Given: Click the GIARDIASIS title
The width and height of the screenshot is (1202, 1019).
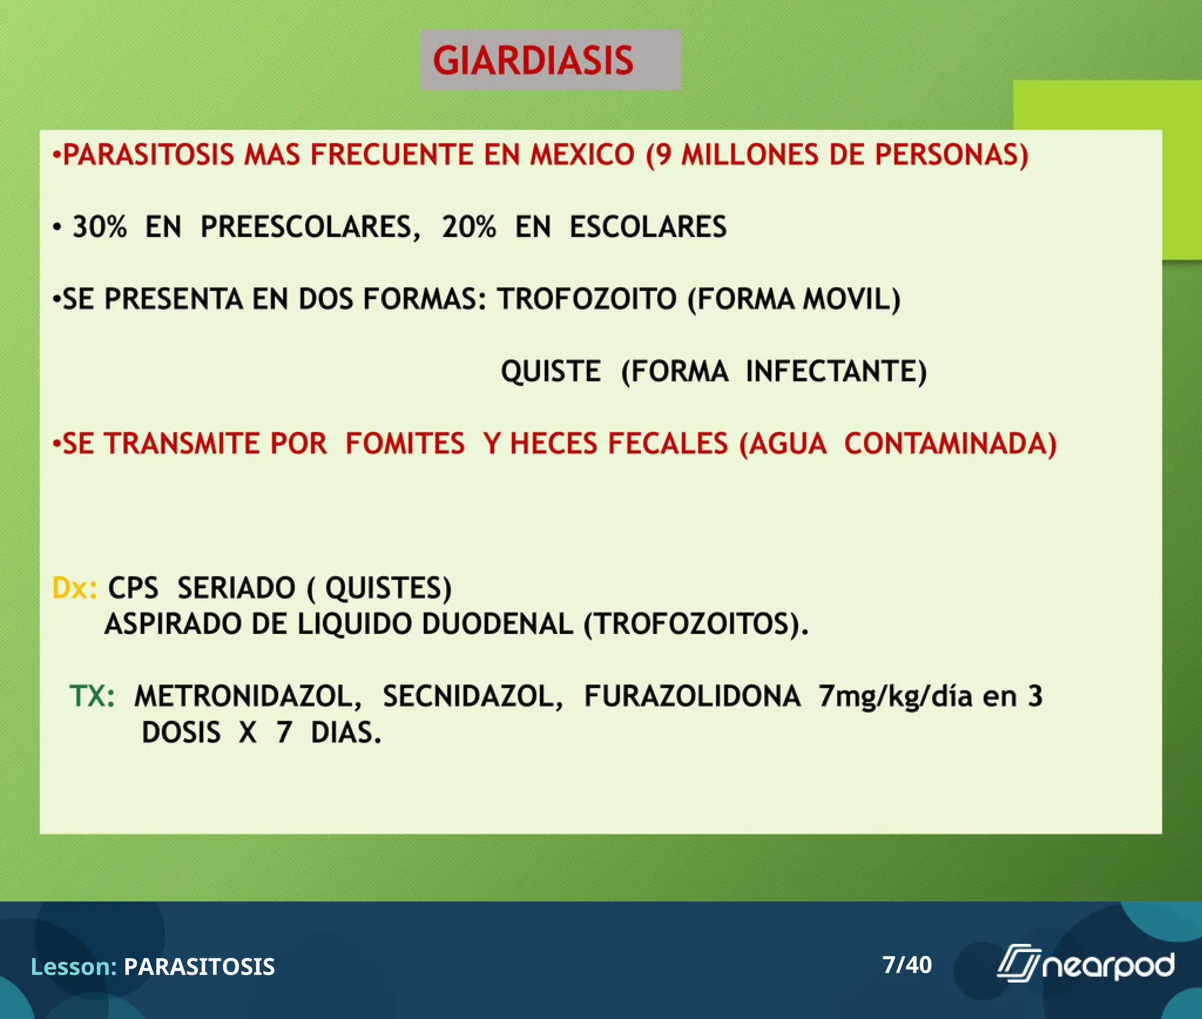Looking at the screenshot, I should [x=533, y=60].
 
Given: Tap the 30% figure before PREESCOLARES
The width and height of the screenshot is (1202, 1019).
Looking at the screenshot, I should [x=99, y=227].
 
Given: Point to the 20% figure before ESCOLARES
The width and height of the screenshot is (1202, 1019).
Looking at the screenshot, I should [x=468, y=227].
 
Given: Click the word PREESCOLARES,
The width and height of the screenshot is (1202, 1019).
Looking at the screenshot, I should [x=310, y=227].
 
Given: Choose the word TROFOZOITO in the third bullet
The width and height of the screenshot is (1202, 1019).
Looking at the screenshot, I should [x=587, y=299].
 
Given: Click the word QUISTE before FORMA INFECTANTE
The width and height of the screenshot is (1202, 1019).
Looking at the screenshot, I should [x=551, y=372].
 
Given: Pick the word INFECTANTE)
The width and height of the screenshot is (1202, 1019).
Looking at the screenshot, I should [x=836, y=372].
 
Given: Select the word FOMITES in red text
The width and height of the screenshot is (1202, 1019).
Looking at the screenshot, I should [x=404, y=444].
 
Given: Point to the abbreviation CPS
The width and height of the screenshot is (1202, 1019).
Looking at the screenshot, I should [x=133, y=588].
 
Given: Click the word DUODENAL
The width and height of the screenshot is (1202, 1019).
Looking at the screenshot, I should [x=497, y=624].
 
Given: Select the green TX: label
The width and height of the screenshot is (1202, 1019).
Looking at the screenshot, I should [x=92, y=697].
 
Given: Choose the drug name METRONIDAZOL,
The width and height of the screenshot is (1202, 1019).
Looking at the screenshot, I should [x=248, y=697].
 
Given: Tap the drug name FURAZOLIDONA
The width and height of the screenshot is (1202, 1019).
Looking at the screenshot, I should [x=692, y=697].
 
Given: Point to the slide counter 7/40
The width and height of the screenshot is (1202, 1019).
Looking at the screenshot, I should [x=907, y=965].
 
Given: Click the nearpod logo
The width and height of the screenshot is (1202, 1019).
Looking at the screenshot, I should [x=1085, y=965].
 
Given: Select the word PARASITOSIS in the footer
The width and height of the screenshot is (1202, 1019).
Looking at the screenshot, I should [x=199, y=967].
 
